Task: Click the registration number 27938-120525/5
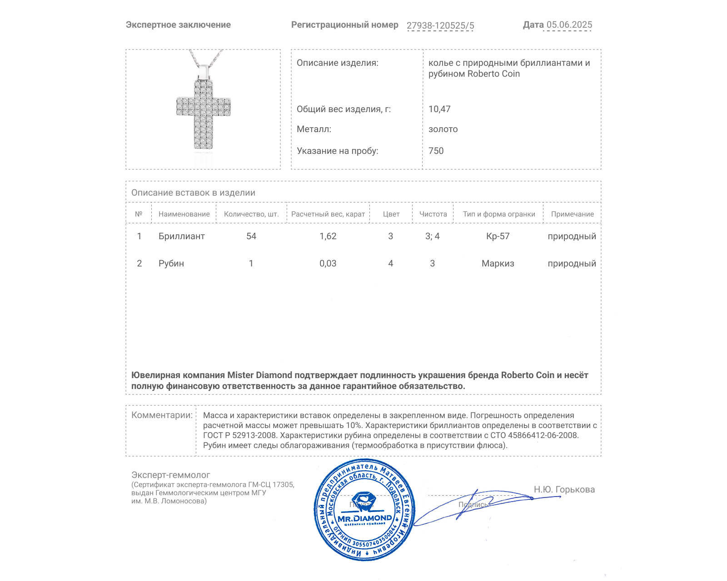click(x=440, y=25)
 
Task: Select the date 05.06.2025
click(x=569, y=25)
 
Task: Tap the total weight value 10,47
click(x=439, y=109)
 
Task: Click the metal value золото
click(x=443, y=129)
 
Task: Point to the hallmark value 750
click(x=436, y=151)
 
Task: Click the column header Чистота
click(x=433, y=214)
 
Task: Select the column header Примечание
click(x=572, y=214)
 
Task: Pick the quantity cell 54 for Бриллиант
click(x=251, y=236)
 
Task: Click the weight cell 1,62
click(x=328, y=236)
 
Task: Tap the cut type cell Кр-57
click(x=498, y=236)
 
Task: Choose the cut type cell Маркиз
click(x=498, y=263)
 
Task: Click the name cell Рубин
click(x=171, y=263)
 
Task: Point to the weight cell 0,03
click(x=328, y=263)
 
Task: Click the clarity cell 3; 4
click(x=432, y=236)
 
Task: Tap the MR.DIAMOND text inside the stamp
click(x=364, y=518)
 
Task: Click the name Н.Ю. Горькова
click(x=564, y=489)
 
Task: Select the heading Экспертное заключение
click(x=178, y=25)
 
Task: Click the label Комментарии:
click(x=162, y=415)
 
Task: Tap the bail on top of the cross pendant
click(x=204, y=72)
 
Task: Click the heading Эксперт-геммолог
click(x=170, y=475)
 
